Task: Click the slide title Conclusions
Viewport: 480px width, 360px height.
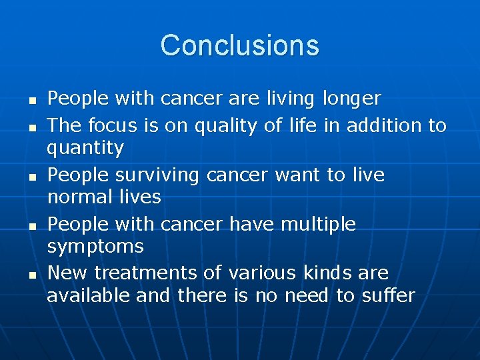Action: coord(239,45)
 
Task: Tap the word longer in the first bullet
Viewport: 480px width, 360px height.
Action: coord(351,99)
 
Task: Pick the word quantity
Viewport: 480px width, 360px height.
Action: coord(85,148)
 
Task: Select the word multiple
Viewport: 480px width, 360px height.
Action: coord(317,225)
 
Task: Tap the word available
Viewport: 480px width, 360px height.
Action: coord(89,295)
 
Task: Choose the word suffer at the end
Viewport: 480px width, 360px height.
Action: coord(387,295)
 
